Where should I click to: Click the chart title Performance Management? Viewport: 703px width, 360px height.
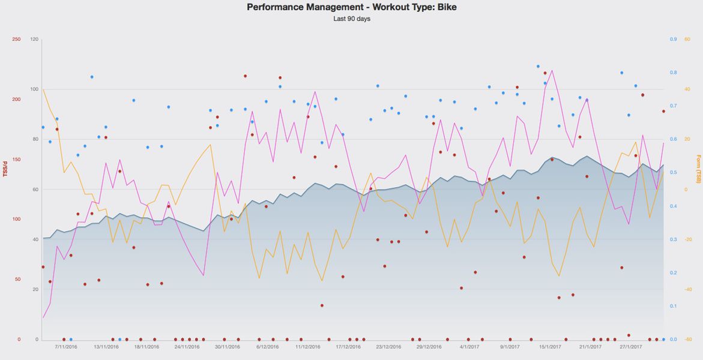[x=351, y=7]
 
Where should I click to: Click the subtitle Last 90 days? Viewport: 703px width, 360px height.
[x=351, y=19]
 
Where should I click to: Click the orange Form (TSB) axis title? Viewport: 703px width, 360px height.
[x=698, y=169]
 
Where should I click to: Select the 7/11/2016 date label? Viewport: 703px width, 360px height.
[x=66, y=347]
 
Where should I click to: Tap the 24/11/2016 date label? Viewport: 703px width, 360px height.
[x=187, y=347]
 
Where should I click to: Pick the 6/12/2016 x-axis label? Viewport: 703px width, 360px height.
[x=267, y=347]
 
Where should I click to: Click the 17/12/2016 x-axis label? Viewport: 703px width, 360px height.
[x=348, y=347]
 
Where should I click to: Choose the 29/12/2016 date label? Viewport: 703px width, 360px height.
[x=429, y=347]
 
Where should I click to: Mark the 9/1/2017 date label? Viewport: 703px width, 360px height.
[x=510, y=347]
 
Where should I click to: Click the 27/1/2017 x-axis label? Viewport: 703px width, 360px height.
[x=631, y=347]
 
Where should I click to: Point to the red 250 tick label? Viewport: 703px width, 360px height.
[x=16, y=40]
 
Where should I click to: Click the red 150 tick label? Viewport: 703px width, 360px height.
[x=16, y=160]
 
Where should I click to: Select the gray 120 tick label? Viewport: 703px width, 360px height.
[x=34, y=40]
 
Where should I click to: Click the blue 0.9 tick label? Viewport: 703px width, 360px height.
[x=674, y=40]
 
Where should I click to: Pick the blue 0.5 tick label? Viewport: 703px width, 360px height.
[x=674, y=173]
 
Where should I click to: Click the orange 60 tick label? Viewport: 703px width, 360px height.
[x=687, y=40]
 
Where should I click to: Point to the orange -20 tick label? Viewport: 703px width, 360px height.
[x=688, y=239]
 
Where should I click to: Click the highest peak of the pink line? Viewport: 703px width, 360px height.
[x=552, y=70]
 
